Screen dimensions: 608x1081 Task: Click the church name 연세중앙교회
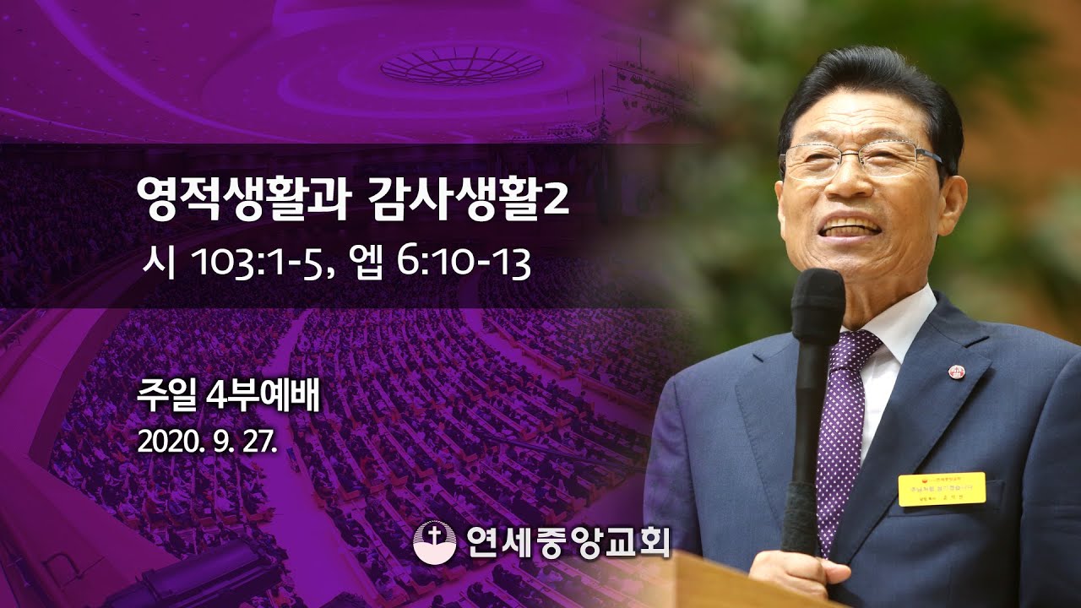(x=567, y=542)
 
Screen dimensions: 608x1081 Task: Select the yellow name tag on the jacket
(x=941, y=489)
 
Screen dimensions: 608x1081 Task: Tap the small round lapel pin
(x=957, y=372)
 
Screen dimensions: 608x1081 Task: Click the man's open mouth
(x=851, y=229)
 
